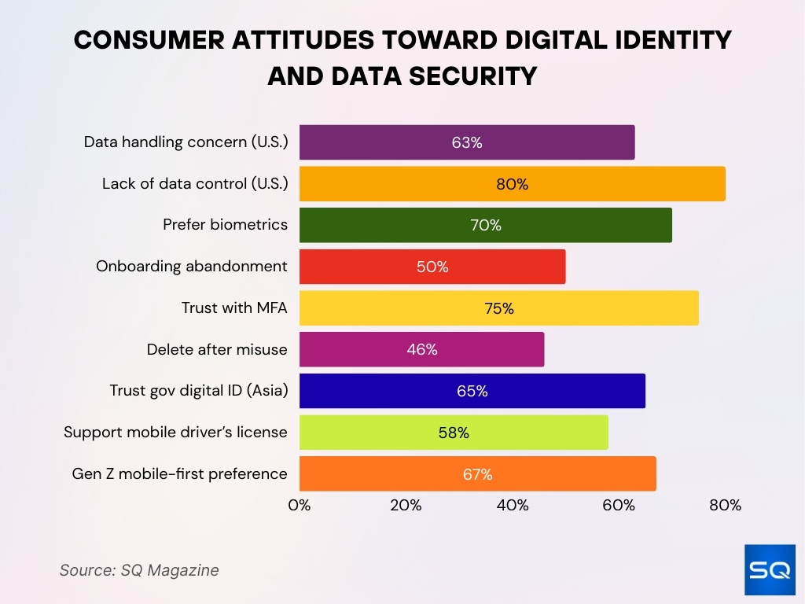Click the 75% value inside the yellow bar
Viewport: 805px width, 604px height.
coord(498,308)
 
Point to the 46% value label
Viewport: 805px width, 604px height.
coord(422,350)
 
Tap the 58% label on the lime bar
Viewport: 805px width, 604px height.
coord(454,433)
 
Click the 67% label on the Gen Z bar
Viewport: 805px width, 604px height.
coord(477,474)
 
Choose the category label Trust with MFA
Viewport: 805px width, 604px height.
coord(234,308)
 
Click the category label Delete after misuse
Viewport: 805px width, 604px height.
coord(217,350)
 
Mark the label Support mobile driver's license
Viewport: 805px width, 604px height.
coord(175,433)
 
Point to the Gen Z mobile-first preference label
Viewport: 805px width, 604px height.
coord(179,474)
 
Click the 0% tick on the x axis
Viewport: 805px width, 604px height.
coord(300,506)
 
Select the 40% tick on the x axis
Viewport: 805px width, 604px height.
coord(513,506)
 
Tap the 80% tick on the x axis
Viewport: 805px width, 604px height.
coord(725,506)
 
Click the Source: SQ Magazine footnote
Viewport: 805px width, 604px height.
coord(139,570)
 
